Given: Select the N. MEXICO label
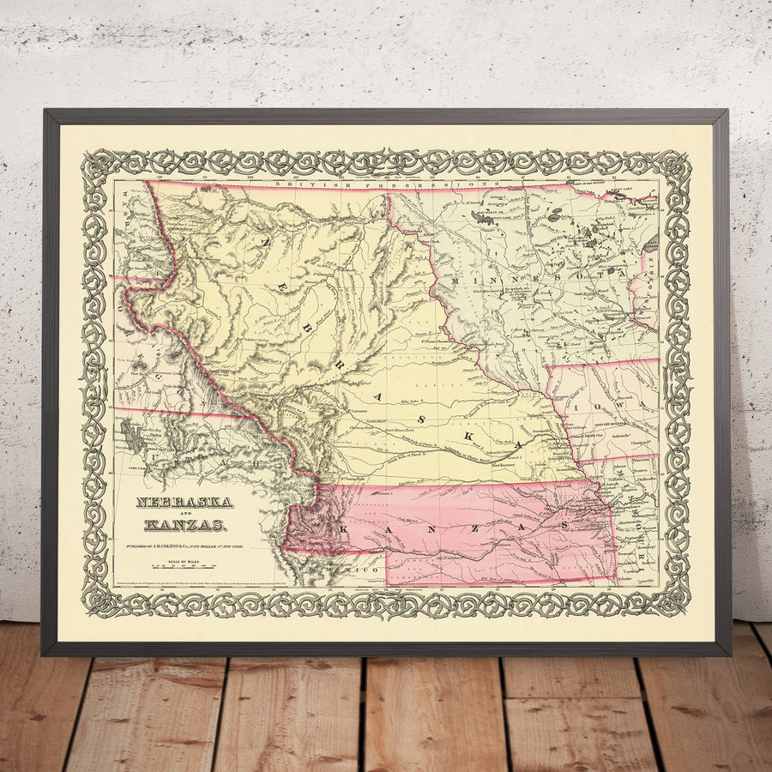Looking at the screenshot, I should [x=356, y=570].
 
